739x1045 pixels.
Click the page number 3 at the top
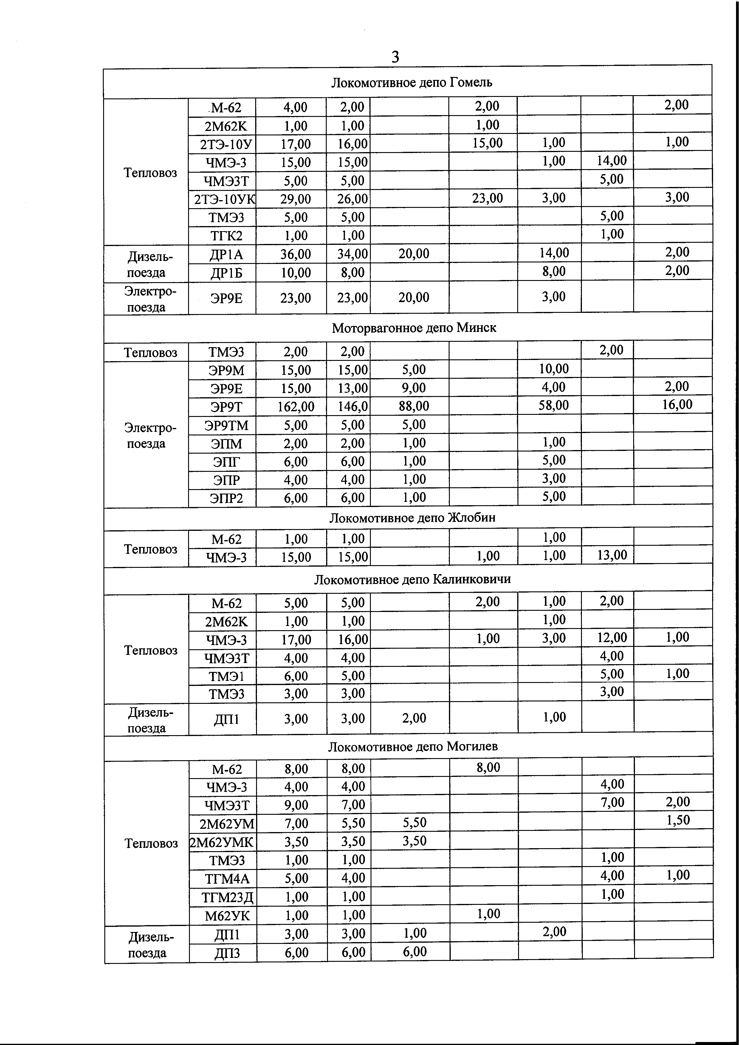[x=395, y=57]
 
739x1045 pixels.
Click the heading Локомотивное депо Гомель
[x=411, y=82]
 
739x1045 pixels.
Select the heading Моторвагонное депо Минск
[x=414, y=328]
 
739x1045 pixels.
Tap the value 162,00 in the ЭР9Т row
[x=296, y=406]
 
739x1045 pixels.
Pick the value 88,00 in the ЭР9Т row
[x=414, y=406]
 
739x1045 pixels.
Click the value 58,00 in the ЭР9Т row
[x=553, y=405]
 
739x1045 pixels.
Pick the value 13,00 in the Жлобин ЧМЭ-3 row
[x=612, y=555]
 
